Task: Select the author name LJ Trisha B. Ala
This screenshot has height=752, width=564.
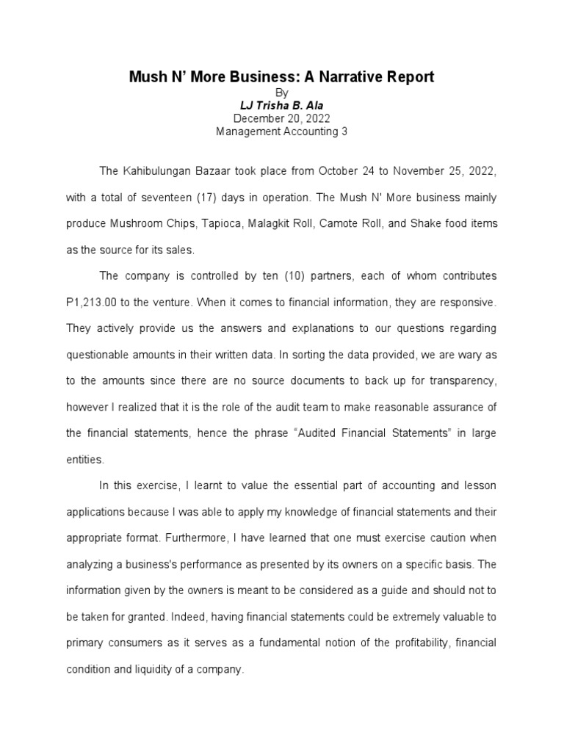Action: (x=282, y=106)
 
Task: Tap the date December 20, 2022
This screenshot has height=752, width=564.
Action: (x=282, y=118)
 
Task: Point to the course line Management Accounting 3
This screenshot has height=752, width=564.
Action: (x=282, y=131)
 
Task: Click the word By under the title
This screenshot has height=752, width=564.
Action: (x=282, y=93)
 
